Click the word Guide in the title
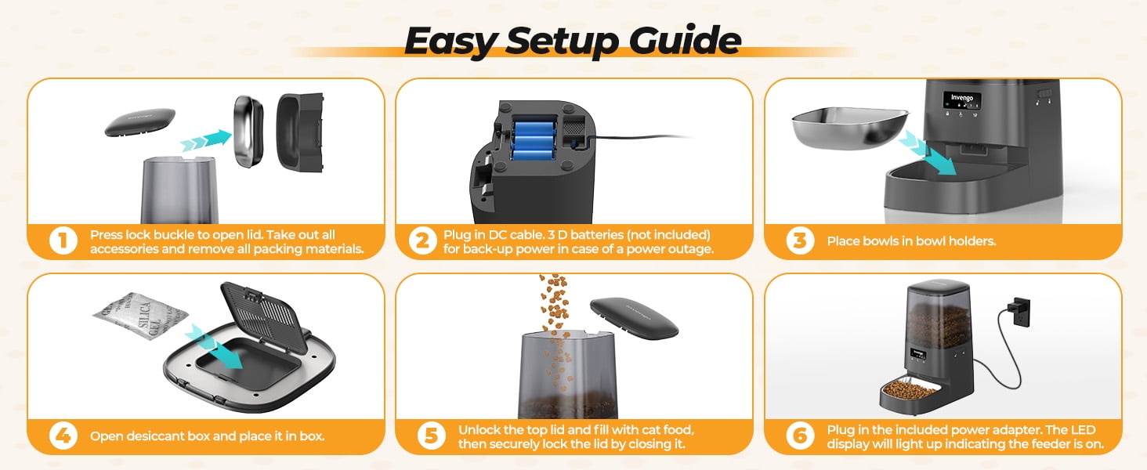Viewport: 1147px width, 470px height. pos(685,41)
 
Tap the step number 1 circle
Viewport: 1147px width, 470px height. pos(63,240)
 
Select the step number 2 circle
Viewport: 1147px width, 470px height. pos(422,240)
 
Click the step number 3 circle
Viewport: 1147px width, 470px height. pos(800,240)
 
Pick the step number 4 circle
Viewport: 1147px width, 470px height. pos(63,436)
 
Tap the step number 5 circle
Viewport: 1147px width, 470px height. pos(431,436)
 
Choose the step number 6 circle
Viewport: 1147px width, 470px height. pos(800,436)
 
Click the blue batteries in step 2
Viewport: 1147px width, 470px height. pos(534,140)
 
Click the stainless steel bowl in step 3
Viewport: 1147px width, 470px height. pos(850,128)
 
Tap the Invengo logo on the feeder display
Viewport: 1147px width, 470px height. pos(961,98)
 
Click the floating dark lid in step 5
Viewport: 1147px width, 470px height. pos(634,318)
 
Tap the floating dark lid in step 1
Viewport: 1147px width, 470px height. pos(139,122)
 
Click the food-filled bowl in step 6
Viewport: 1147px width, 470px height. pos(910,391)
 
